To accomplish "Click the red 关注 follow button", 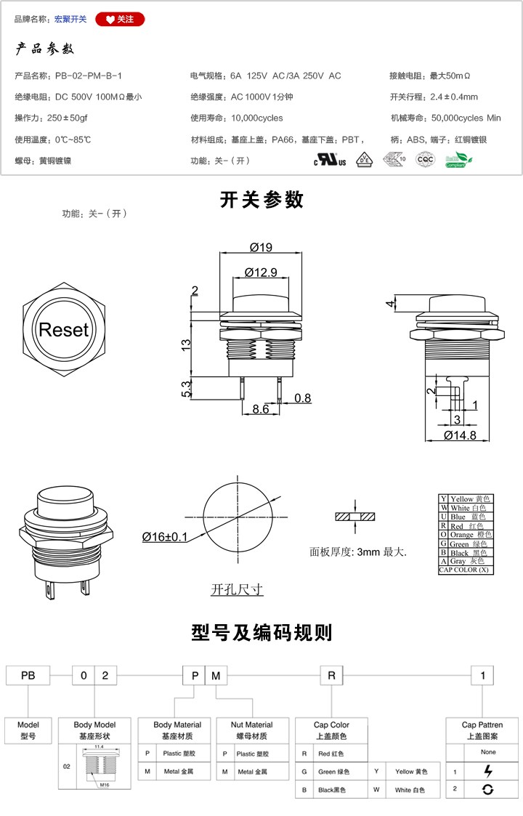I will click(x=120, y=20).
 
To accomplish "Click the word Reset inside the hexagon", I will click(x=63, y=330).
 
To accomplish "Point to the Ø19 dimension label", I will click(x=260, y=247).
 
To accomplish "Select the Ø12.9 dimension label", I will click(x=261, y=272).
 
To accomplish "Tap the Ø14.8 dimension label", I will click(x=460, y=435).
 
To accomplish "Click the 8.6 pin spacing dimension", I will click(x=260, y=410).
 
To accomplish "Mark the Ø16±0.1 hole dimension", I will click(x=165, y=537).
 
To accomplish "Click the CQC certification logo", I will click(x=425, y=160).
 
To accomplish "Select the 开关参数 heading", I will click(x=261, y=200).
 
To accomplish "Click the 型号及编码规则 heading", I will click(x=261, y=632).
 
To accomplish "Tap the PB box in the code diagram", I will click(x=28, y=676).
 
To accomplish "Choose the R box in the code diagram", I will click(x=331, y=676).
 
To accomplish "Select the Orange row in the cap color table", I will click(x=465, y=535).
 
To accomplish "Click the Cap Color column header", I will click(x=331, y=730).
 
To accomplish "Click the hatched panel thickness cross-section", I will click(x=355, y=517).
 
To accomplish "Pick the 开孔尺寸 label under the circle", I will click(x=237, y=589).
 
